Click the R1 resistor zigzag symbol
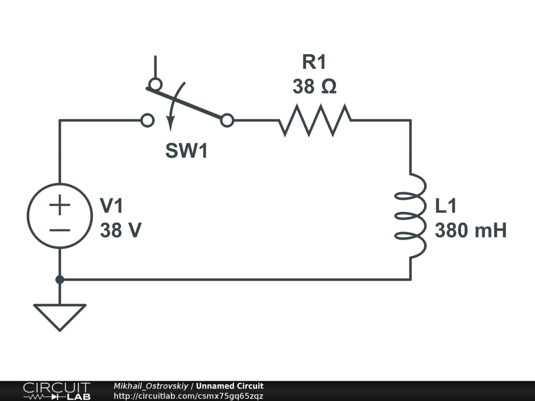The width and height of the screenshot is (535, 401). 315,121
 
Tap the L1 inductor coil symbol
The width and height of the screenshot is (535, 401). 417,216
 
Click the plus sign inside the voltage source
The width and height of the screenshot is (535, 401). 60,205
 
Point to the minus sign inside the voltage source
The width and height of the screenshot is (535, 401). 60,230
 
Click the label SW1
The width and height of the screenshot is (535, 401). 187,150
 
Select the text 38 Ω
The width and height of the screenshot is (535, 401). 315,86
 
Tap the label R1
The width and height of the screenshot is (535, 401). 314,62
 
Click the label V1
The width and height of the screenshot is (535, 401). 111,206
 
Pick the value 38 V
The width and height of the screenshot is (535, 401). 121,230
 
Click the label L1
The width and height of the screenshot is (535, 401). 446,206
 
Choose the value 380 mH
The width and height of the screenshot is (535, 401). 471,230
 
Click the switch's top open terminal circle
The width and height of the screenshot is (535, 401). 156,84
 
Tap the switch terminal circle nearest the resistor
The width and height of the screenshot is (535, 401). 227,121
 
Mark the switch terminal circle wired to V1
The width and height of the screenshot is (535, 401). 147,121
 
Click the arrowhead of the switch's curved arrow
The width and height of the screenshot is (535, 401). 170,124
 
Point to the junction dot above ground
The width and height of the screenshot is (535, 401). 60,280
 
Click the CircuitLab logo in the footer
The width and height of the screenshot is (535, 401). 57,391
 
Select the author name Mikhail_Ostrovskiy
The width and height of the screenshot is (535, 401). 151,386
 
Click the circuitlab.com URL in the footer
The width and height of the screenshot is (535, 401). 188,396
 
